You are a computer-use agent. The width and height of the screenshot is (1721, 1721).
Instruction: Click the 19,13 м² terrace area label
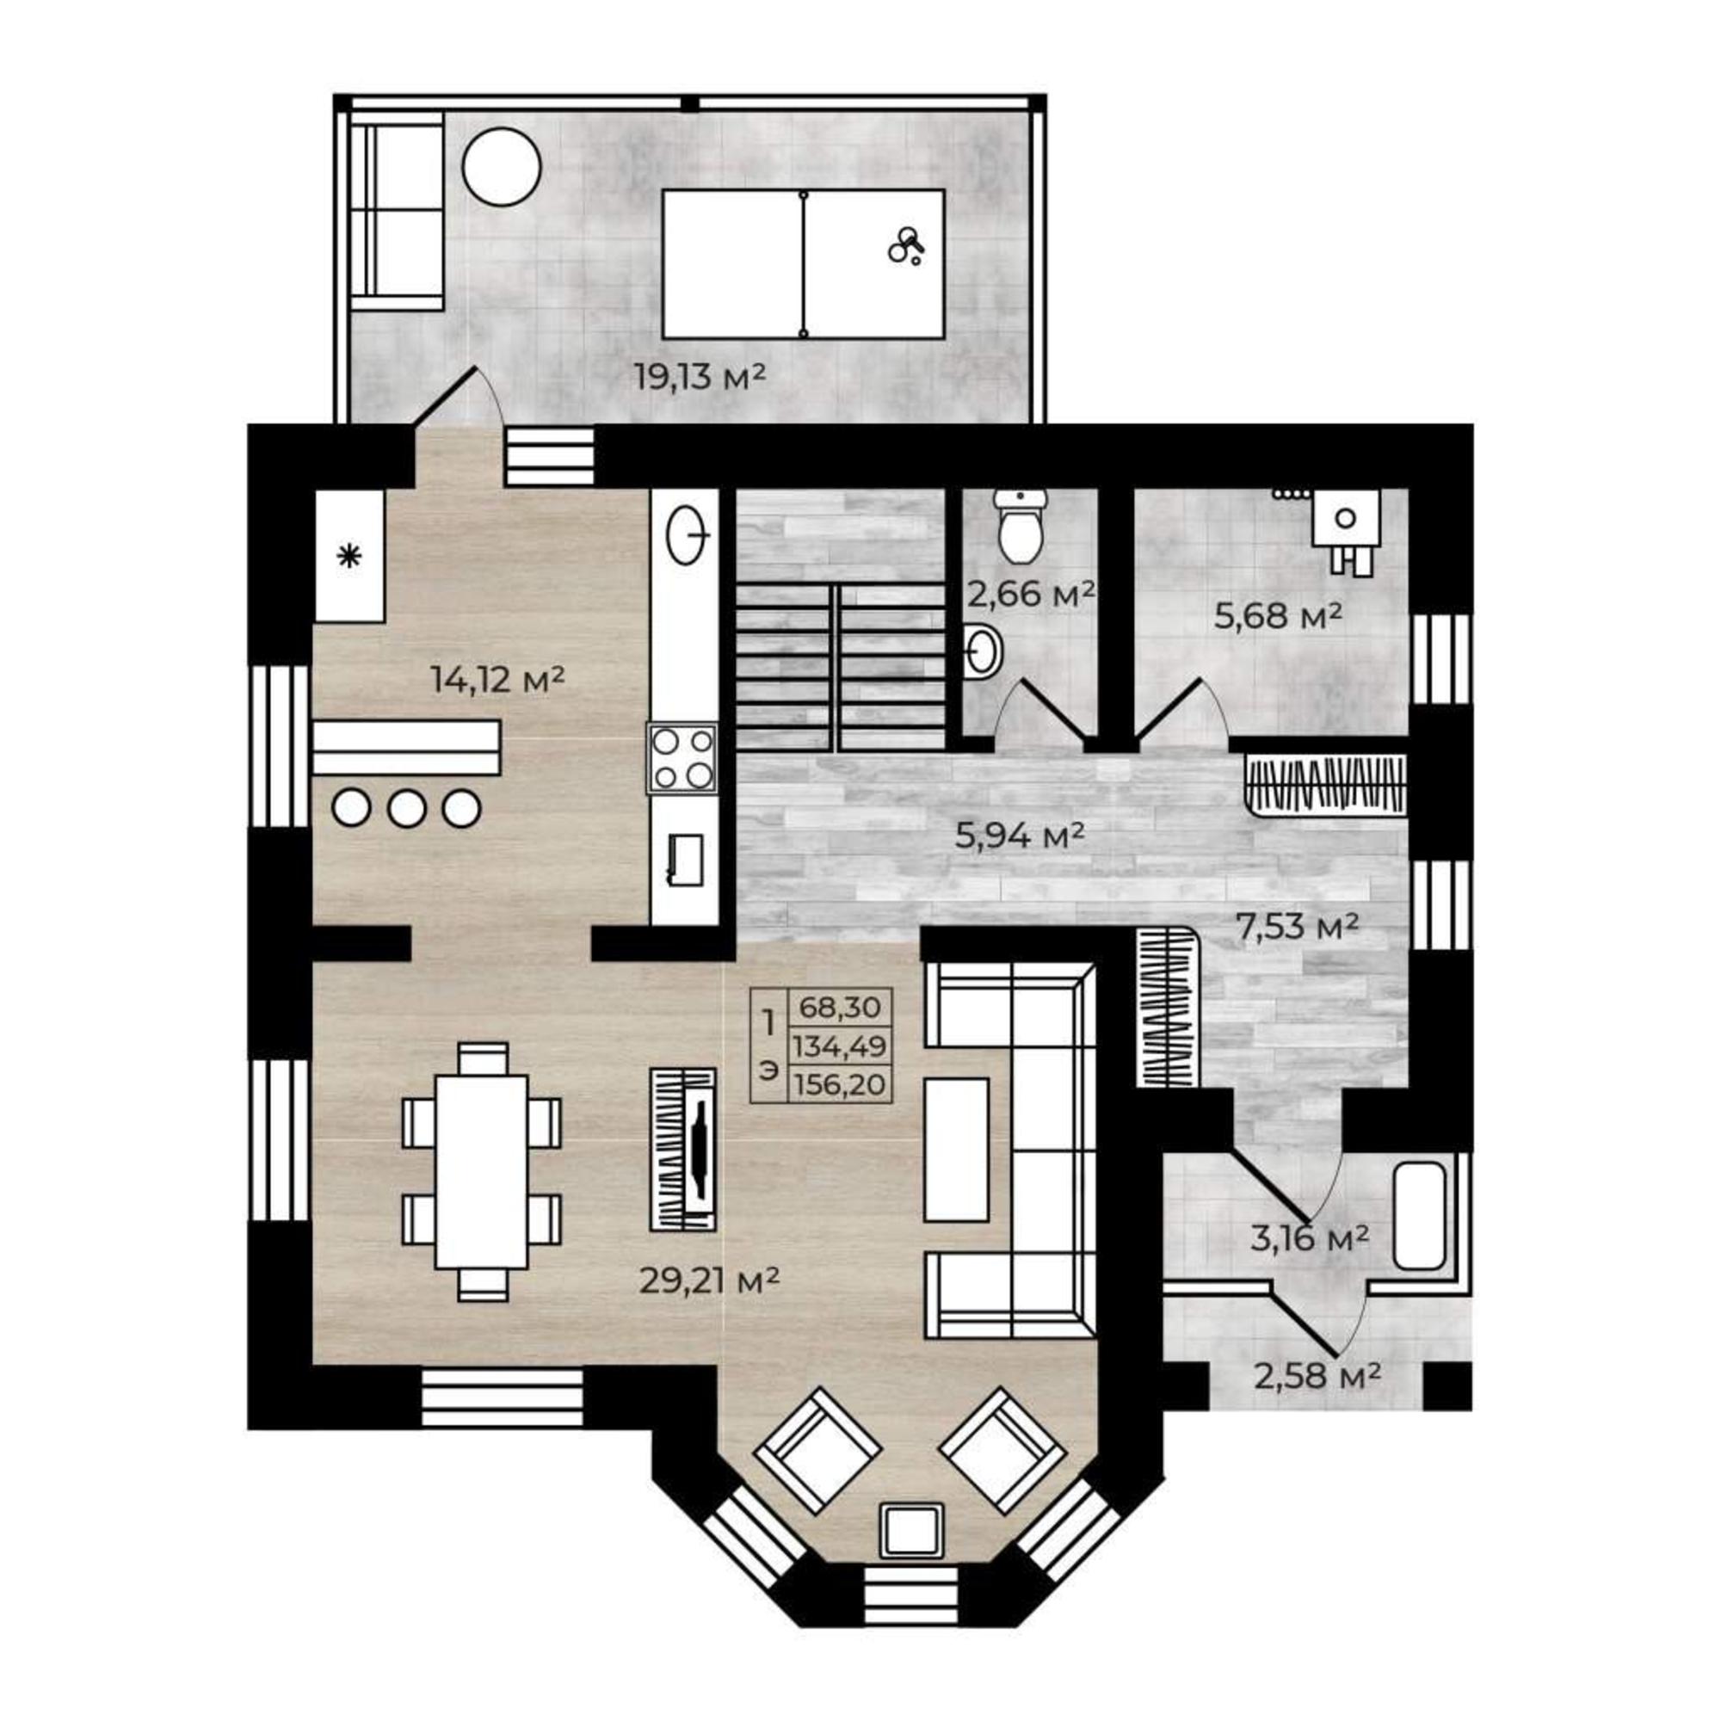(x=700, y=377)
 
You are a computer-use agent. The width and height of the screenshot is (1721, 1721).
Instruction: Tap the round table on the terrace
(x=502, y=168)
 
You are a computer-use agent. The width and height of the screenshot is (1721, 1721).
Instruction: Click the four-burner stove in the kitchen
(x=682, y=758)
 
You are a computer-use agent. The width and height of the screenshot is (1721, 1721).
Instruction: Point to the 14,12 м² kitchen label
(x=498, y=680)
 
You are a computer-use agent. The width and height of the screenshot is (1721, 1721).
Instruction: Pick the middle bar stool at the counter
(x=406, y=808)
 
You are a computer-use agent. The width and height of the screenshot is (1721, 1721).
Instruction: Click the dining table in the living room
(x=481, y=1171)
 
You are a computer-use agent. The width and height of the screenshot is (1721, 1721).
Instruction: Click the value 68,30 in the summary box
(x=840, y=1009)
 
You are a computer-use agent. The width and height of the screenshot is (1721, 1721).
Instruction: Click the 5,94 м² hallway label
(x=1020, y=835)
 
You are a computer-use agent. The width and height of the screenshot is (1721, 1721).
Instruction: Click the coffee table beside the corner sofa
(x=957, y=1149)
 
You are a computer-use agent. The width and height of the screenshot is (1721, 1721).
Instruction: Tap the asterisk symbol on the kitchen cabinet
(x=349, y=558)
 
